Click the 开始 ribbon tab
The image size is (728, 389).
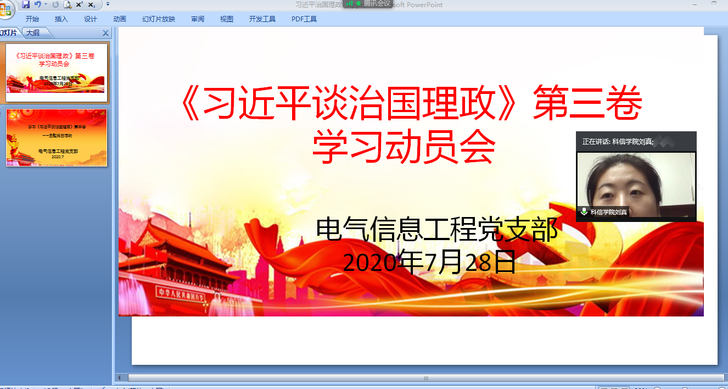32,19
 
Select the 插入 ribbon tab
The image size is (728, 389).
61,19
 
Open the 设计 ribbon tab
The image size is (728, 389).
91,19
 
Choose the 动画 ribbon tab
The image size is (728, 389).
120,19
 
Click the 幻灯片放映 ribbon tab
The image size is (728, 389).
159,19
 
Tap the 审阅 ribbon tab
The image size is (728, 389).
198,19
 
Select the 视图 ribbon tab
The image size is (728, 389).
227,19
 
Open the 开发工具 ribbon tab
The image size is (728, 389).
262,19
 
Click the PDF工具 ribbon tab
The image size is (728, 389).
304,19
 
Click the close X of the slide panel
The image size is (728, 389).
106,33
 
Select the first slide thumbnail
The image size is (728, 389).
57,72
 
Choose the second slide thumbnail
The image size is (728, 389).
57,137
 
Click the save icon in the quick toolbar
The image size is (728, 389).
26,4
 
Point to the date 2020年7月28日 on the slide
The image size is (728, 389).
429,262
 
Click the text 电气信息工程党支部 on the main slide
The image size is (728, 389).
437,229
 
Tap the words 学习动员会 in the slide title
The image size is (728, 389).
404,147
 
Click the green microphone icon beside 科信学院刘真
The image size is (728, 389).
584,212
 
